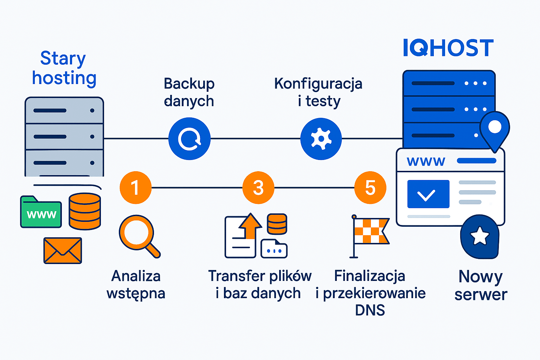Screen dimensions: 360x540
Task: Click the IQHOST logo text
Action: (448, 48)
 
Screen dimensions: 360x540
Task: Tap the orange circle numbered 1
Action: (135, 187)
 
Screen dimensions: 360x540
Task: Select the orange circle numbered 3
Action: (258, 187)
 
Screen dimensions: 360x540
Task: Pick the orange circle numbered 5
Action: (370, 187)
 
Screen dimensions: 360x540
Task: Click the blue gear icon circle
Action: (321, 139)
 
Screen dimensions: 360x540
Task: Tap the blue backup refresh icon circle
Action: (189, 139)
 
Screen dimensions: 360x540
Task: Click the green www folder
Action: (41, 212)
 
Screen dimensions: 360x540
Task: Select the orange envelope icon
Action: (63, 250)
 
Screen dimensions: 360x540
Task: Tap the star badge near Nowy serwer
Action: (480, 236)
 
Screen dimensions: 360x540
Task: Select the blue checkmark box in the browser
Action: (428, 194)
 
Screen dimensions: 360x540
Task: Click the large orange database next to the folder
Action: (85, 211)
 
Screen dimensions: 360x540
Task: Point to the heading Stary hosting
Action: (64, 68)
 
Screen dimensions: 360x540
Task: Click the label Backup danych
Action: (189, 92)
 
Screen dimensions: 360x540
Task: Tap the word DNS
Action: (370, 310)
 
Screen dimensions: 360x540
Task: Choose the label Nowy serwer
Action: (481, 285)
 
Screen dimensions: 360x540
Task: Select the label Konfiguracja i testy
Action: (318, 92)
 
